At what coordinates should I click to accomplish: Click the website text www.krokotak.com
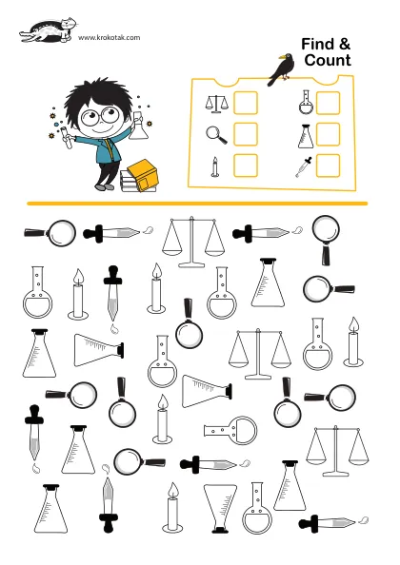coord(109,37)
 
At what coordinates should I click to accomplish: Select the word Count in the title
coord(328,60)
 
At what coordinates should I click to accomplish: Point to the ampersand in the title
coord(345,45)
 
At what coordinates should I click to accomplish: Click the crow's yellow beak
coord(281,56)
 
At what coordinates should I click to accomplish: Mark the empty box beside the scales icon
coord(246,103)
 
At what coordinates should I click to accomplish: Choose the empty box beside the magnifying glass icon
coord(246,134)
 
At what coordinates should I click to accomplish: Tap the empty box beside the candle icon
coord(246,166)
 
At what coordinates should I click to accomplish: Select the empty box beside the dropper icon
coord(328,166)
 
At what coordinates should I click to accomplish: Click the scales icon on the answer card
coord(216,104)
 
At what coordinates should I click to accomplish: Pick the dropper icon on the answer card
coord(304,167)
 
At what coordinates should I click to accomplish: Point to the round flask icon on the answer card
coord(306,103)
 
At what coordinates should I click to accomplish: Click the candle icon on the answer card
coord(215,167)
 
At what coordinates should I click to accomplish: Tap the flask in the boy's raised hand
coord(139,127)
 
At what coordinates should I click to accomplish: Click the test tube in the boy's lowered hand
coord(67,137)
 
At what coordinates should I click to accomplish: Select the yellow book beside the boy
coord(143,175)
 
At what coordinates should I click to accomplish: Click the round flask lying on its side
coord(230,430)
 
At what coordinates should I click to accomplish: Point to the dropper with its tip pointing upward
coord(109,505)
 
